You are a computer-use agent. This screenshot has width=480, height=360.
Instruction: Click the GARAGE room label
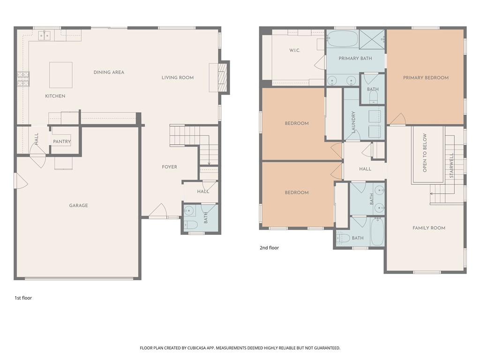coord(78,205)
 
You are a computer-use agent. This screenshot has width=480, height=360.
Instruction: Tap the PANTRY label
coord(62,142)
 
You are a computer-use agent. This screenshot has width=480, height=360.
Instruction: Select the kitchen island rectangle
coord(61,75)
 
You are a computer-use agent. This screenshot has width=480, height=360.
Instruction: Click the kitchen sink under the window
coord(45,34)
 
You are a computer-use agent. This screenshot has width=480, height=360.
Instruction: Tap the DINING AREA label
coord(109,72)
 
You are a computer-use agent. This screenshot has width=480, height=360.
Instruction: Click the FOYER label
coord(169,167)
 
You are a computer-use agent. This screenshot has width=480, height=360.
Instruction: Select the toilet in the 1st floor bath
coord(191,225)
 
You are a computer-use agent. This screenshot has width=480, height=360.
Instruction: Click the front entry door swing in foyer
coord(158,211)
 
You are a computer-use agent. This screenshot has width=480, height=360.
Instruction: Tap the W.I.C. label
coord(295,50)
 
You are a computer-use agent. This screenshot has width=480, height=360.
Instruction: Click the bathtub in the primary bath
coord(342,39)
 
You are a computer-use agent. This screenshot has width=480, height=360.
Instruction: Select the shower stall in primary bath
coord(372,39)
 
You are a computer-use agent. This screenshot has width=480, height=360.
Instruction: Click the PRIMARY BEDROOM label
coord(426,78)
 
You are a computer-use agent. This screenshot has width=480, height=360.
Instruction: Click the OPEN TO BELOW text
coord(425,153)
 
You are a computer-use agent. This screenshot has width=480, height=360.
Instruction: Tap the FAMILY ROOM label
coord(428,228)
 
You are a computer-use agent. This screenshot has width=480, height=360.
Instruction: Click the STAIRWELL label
coord(451,165)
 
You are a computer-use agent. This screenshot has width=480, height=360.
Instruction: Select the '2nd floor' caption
coord(269,248)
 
